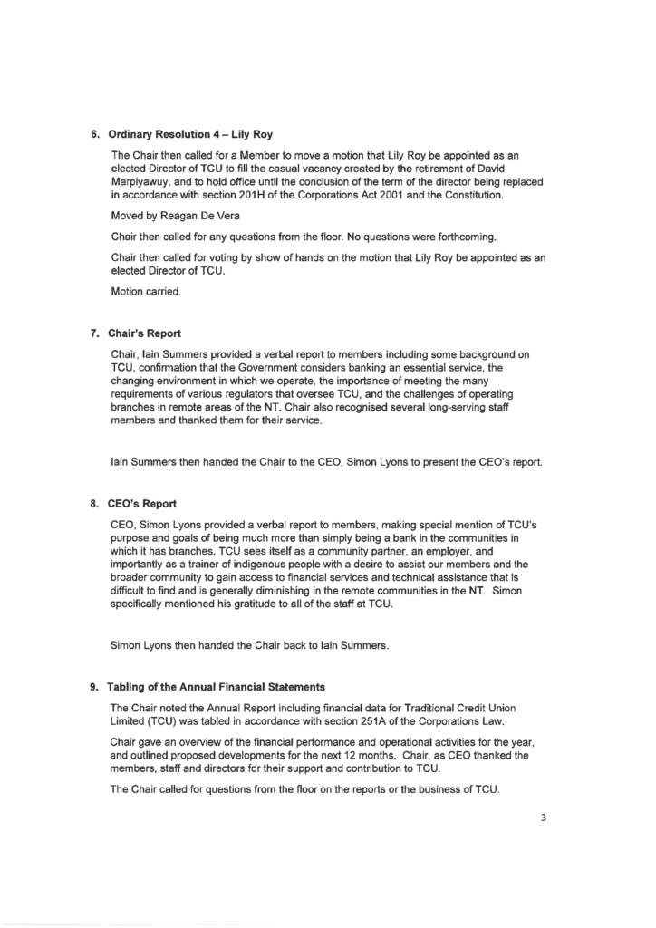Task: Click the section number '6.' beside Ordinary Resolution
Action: point(94,135)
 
